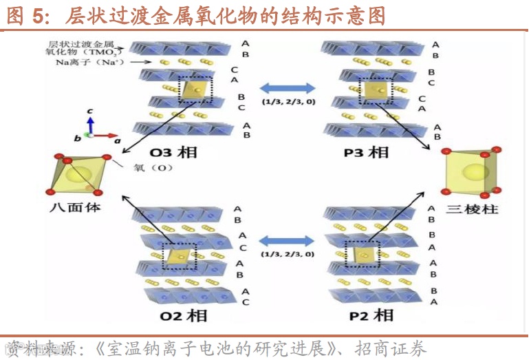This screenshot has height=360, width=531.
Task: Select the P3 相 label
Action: [365, 152]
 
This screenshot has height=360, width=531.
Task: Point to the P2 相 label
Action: [371, 315]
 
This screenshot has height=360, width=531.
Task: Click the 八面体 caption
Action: [75, 206]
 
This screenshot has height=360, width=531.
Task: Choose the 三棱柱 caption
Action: [472, 208]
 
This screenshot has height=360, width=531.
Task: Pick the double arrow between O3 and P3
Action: [288, 88]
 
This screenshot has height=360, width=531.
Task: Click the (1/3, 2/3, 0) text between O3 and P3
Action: [288, 103]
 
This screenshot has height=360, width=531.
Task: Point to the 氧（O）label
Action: [152, 167]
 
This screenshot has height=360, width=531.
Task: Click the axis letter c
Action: [90, 112]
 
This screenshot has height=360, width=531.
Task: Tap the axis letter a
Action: [118, 140]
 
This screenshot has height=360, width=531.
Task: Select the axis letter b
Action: [78, 139]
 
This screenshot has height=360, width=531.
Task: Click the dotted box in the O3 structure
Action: [197, 89]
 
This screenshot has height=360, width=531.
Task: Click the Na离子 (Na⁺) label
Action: [81, 63]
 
